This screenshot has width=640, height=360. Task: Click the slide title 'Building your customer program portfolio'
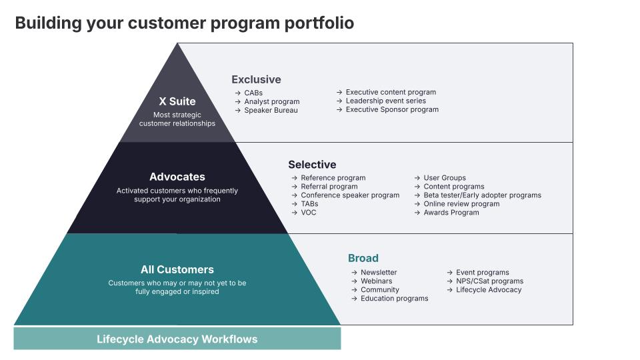[x=184, y=23]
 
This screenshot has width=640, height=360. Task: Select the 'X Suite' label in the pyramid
[x=177, y=101]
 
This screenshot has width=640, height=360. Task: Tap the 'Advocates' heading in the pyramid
[x=177, y=177]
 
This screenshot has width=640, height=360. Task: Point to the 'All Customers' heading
[x=177, y=269]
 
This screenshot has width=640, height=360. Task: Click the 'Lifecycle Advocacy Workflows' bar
[x=177, y=339]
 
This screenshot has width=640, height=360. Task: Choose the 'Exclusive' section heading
[x=256, y=79]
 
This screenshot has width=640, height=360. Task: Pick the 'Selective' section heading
[x=312, y=164]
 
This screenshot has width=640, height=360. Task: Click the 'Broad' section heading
[x=363, y=258]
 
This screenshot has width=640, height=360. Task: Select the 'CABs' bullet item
[x=253, y=93]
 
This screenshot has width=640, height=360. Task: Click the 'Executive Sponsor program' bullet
[x=392, y=109]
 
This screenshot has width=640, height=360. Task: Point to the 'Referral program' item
[x=329, y=187]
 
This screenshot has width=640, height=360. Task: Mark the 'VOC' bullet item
[x=309, y=213]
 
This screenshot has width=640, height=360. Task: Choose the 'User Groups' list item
[x=445, y=178]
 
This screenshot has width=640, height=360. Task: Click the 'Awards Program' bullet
[x=451, y=213]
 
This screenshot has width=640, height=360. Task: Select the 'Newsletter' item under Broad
[x=379, y=273]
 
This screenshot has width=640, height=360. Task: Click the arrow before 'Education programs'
[x=354, y=299]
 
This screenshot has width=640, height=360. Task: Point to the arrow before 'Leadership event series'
[x=339, y=101]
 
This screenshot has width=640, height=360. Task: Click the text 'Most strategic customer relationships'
[x=177, y=119]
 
